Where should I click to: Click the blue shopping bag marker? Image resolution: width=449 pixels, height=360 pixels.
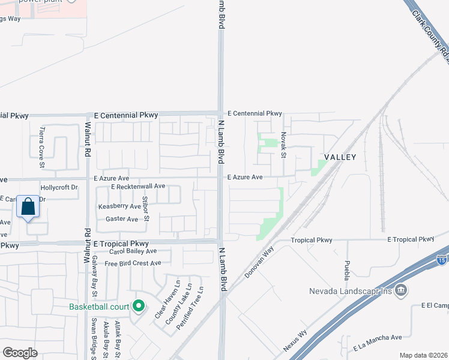[28, 207]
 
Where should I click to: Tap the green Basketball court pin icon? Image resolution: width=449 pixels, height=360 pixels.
[139, 306]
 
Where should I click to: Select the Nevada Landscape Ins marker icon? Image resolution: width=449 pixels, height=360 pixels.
[401, 291]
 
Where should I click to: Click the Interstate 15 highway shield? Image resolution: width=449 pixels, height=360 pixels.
[442, 259]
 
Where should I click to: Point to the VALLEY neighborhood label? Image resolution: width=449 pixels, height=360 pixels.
[340, 157]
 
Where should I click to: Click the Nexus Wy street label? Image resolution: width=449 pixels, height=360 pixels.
[295, 340]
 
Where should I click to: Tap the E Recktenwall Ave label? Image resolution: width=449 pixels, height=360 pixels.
[138, 187]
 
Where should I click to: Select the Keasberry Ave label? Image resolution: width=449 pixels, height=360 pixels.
[119, 206]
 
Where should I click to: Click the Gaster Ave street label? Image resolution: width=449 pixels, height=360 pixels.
[122, 219]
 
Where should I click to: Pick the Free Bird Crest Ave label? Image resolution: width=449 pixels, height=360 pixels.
[133, 263]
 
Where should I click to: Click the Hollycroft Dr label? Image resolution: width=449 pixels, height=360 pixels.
[59, 187]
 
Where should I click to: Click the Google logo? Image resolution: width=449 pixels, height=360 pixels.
[20, 352]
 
